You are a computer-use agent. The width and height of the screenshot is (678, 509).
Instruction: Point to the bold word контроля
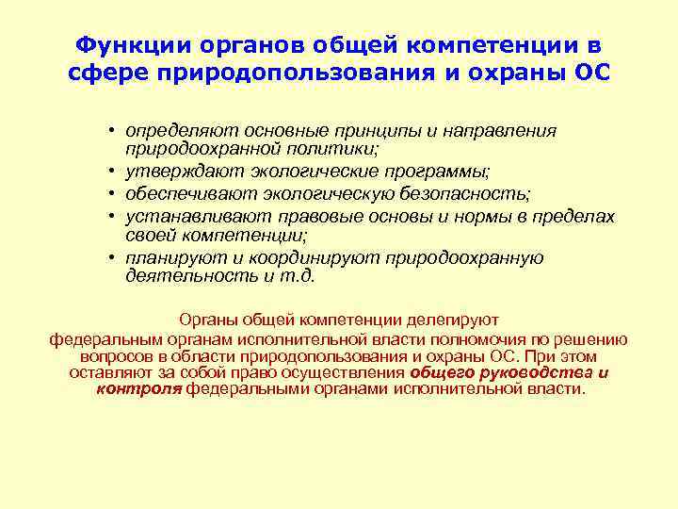139,388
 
